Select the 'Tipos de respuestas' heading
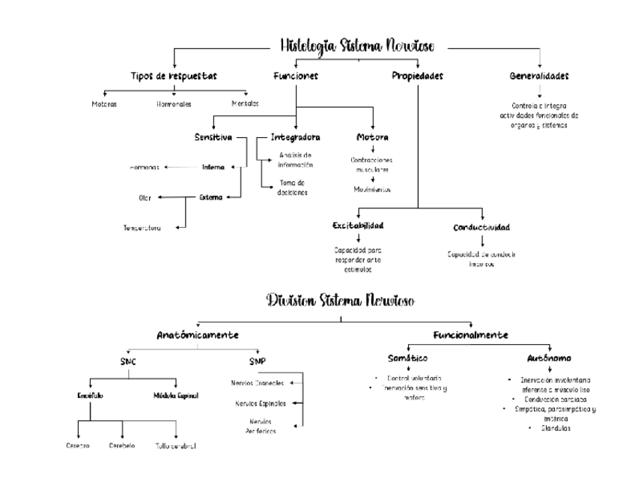[x=174, y=76]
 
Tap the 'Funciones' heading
[x=296, y=76]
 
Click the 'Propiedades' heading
[x=417, y=76]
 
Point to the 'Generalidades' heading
[x=538, y=76]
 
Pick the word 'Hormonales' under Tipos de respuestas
[x=174, y=103]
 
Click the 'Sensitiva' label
[x=213, y=137]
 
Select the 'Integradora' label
[x=295, y=137]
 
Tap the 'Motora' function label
[x=372, y=137]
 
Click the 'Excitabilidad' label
[x=358, y=226]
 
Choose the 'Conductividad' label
[x=481, y=227]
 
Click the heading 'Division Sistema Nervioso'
[x=341, y=301]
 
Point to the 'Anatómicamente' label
[x=198, y=334]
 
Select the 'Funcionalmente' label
[x=470, y=334]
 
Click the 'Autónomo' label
[x=550, y=358]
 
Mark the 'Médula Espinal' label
[x=176, y=395]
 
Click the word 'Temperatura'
[x=142, y=228]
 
